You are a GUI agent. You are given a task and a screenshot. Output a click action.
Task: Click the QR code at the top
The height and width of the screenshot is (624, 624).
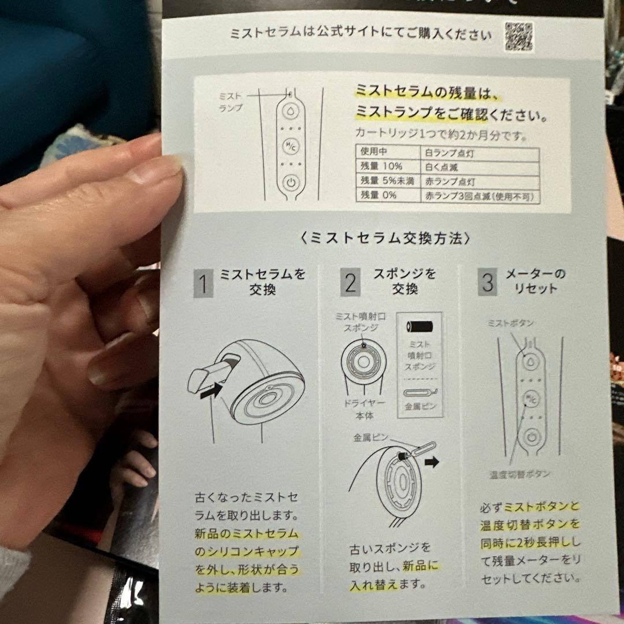(518, 36)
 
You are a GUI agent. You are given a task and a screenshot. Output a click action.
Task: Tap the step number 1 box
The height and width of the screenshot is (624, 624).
(203, 284)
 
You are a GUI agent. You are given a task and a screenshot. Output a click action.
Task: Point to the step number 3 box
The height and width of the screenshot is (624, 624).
(487, 283)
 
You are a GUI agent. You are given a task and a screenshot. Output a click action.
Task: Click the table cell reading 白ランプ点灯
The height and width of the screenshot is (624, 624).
(479, 154)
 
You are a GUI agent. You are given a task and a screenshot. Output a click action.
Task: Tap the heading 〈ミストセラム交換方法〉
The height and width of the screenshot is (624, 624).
(385, 238)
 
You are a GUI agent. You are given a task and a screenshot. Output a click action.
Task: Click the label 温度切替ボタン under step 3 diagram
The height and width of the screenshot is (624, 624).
(518, 474)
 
